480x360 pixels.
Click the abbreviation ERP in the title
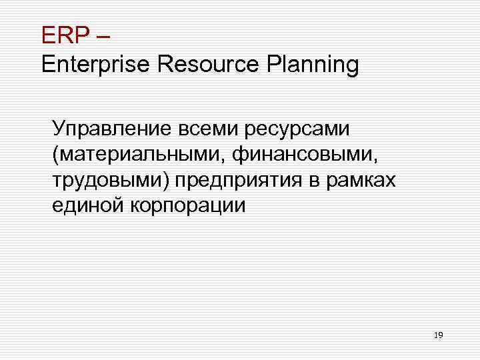(62, 33)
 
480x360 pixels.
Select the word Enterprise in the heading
(96, 65)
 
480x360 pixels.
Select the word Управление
(110, 128)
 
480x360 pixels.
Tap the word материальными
(137, 154)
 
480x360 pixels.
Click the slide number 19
(438, 335)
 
